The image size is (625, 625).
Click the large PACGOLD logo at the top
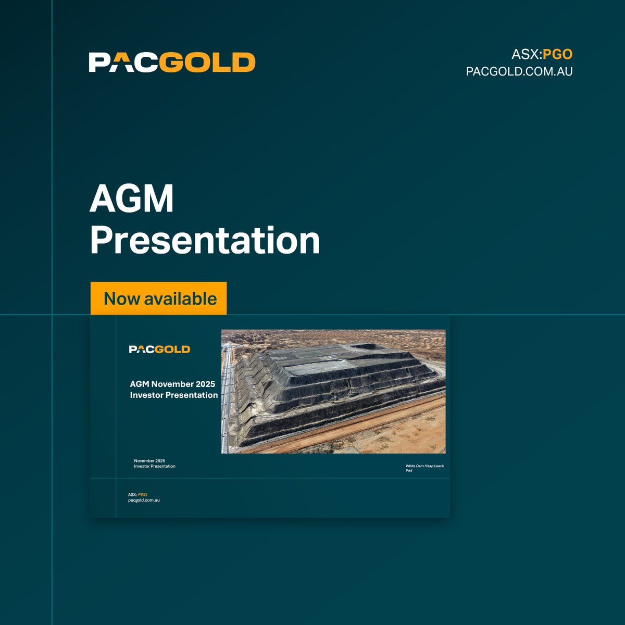172,62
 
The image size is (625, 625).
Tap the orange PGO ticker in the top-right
557,54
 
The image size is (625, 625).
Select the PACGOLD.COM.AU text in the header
519,71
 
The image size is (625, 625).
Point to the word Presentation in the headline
205,240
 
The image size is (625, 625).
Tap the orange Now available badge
159,298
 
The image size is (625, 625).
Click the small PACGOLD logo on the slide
159,349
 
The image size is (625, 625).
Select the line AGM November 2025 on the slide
172,384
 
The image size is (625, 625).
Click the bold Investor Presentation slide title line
174,395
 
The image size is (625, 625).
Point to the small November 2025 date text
149,461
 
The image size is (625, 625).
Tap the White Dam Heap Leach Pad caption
424,468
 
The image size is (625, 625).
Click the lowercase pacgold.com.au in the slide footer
144,500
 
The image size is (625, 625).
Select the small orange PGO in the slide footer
143,494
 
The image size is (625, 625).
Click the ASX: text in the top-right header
527,54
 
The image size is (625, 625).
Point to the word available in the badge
180,299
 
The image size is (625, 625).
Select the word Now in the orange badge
122,299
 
